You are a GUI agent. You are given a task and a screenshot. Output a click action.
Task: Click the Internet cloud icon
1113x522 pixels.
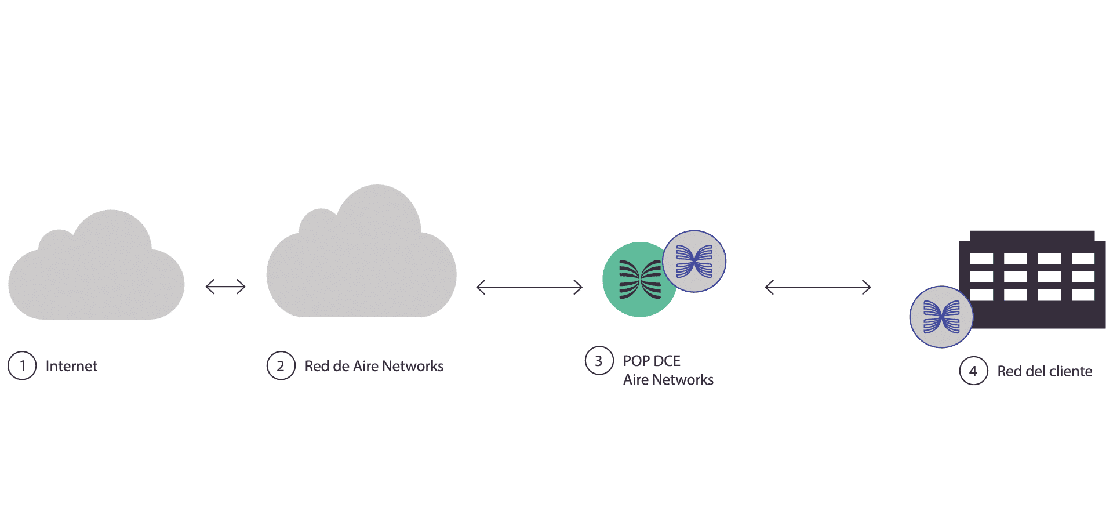click(96, 273)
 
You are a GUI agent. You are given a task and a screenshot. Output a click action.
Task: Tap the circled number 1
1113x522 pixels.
click(22, 366)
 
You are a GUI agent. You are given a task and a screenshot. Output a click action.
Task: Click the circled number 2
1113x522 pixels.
click(281, 366)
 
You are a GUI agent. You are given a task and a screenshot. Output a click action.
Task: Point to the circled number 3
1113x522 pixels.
click(599, 361)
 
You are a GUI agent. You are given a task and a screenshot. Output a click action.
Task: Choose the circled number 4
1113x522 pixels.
click(973, 371)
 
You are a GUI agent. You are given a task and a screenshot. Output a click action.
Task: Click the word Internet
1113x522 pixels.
click(71, 366)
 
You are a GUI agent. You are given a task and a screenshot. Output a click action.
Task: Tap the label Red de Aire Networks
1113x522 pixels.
click(374, 366)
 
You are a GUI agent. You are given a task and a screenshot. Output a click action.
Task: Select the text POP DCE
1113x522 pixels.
click(652, 361)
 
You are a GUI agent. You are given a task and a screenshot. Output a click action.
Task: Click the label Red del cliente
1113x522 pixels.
click(1045, 371)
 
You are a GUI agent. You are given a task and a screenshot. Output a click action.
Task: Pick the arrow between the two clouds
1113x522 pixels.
click(225, 287)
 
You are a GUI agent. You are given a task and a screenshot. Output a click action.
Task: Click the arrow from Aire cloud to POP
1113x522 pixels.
click(529, 287)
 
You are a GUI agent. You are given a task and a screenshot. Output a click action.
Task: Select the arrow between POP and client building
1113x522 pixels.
click(818, 287)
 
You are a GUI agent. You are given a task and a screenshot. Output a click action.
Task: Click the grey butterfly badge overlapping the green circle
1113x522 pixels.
click(694, 262)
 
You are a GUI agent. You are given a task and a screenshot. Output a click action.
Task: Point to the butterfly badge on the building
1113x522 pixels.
click(941, 317)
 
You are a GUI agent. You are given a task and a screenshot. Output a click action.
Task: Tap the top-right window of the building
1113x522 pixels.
click(1083, 259)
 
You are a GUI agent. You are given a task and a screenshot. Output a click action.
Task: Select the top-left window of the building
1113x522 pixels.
click(981, 259)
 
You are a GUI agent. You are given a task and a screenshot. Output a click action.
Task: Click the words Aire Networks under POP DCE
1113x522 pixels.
click(668, 380)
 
